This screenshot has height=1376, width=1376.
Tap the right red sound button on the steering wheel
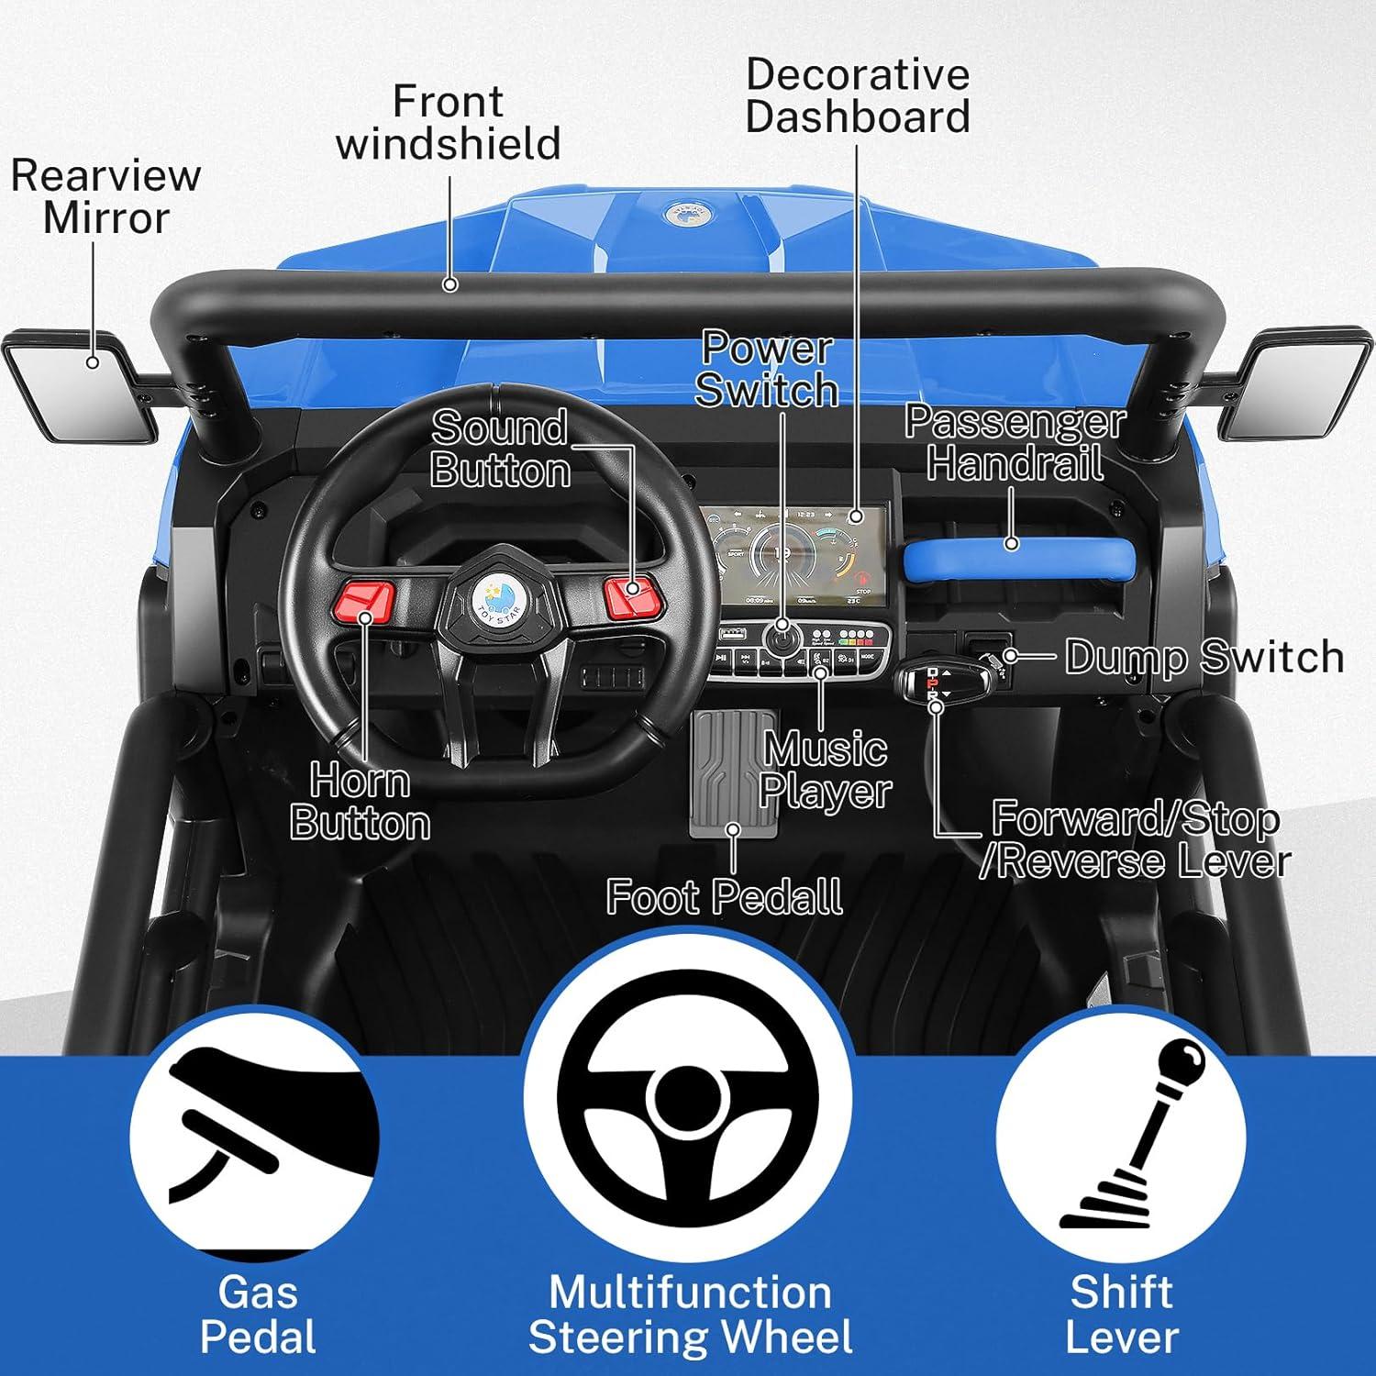(632, 595)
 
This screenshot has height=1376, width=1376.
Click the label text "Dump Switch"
(1204, 657)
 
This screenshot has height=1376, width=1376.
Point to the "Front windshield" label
(449, 123)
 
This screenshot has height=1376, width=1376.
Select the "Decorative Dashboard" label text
(857, 96)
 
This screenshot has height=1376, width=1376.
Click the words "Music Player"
(826, 771)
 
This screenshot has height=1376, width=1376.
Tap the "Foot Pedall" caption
(725, 896)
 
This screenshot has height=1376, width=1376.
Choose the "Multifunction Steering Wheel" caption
(690, 1315)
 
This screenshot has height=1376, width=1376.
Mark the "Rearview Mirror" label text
(105, 196)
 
